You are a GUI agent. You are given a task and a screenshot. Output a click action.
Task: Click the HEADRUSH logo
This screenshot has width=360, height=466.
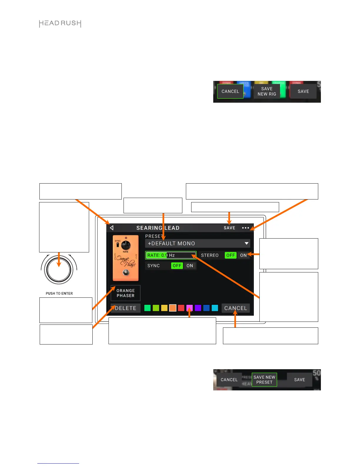(60, 24)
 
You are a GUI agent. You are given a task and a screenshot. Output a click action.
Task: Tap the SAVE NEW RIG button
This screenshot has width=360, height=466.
(267, 91)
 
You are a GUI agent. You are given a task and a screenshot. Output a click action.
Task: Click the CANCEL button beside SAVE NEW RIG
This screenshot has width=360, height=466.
(230, 91)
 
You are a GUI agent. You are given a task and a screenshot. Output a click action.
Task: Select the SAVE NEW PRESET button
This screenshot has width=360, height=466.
(264, 380)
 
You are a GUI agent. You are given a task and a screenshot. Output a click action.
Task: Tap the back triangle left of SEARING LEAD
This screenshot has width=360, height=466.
(112, 228)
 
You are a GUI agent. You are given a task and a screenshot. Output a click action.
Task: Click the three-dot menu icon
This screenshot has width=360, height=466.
(245, 228)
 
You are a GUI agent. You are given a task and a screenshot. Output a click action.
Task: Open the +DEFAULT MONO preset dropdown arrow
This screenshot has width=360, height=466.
(246, 244)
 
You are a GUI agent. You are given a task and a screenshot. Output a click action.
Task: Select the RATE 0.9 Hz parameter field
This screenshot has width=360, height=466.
(171, 255)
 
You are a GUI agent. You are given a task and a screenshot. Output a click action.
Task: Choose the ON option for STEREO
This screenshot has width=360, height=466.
(243, 255)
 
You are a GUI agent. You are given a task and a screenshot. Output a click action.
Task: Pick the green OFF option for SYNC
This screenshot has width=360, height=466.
(177, 266)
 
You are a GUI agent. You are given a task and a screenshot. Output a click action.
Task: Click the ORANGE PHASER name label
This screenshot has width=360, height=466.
(126, 293)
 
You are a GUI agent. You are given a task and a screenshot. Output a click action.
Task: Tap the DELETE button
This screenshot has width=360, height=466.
(126, 308)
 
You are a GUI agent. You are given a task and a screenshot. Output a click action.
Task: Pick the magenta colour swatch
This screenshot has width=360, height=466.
(189, 308)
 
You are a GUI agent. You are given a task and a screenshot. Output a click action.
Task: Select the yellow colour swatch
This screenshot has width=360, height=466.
(164, 308)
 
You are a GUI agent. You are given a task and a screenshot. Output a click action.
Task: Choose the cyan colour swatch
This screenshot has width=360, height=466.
(215, 308)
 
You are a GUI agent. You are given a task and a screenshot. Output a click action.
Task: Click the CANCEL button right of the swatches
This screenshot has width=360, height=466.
(236, 308)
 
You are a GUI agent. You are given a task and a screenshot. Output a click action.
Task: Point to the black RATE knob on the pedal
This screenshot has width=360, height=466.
(126, 245)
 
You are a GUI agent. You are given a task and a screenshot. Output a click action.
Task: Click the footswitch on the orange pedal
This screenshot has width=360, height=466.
(126, 273)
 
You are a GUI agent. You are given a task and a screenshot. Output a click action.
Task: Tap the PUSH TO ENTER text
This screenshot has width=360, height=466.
(59, 294)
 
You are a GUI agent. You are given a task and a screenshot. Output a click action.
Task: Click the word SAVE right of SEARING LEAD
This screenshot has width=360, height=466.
(229, 228)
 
